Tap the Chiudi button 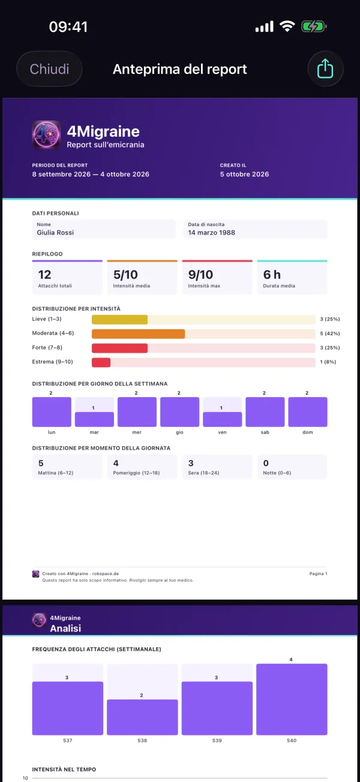[x=49, y=69]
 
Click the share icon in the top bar [x=325, y=69]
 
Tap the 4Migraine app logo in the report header [x=46, y=135]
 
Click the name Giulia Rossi [x=55, y=233]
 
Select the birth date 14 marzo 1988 [x=211, y=233]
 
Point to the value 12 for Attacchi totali [x=44, y=275]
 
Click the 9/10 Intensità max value [x=200, y=275]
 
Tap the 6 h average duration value [x=272, y=275]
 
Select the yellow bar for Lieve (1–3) [x=119, y=320]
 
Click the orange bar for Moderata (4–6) [x=138, y=334]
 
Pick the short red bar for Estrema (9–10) [x=101, y=362]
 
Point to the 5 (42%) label [x=329, y=333]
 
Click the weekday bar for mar [x=94, y=419]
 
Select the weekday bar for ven [x=223, y=419]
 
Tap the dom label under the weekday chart [x=308, y=432]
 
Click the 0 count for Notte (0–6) [x=266, y=464]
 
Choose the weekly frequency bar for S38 [x=142, y=717]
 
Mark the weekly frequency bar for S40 [x=292, y=699]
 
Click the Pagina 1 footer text [x=318, y=573]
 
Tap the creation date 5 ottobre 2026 [x=244, y=174]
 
